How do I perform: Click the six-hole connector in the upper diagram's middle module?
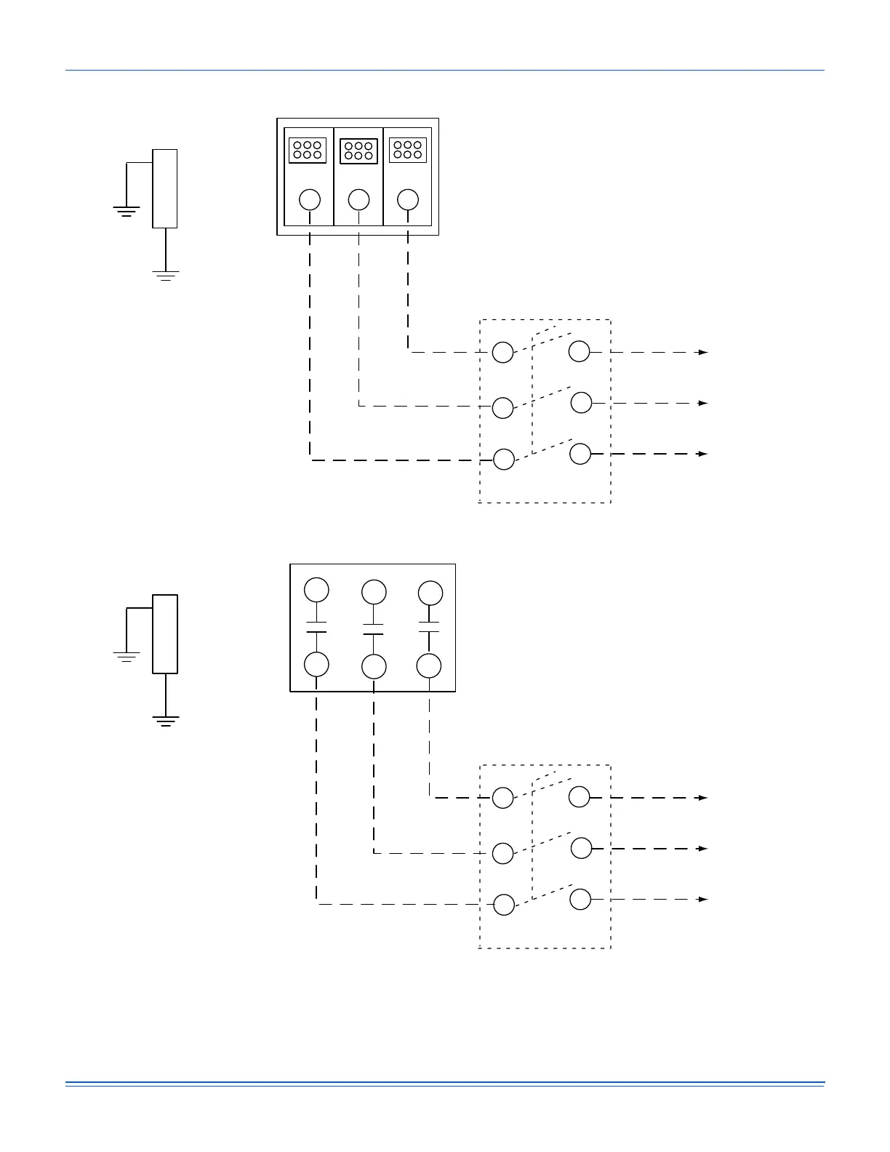click(358, 151)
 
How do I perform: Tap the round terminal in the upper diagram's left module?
click(310, 199)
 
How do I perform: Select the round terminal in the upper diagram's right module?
click(408, 199)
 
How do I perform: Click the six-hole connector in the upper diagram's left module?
click(308, 151)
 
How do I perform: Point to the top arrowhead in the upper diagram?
click(703, 352)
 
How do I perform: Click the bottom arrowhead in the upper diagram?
click(703, 454)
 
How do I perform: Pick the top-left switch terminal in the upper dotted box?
click(503, 352)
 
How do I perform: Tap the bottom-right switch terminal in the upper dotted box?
click(580, 454)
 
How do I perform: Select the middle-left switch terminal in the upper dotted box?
click(503, 407)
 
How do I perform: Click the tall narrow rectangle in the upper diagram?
click(164, 188)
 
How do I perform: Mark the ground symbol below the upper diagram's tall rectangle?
click(166, 276)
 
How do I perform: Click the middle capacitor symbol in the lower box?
click(373, 629)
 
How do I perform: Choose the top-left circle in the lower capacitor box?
click(316, 589)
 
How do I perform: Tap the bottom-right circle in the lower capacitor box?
click(429, 665)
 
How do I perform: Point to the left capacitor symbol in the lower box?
click(316, 627)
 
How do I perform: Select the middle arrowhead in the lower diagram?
click(703, 849)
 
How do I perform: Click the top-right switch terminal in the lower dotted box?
click(580, 797)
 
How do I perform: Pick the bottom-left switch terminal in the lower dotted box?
click(503, 905)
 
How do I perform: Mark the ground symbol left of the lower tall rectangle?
click(127, 657)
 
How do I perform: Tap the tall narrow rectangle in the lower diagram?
click(165, 634)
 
